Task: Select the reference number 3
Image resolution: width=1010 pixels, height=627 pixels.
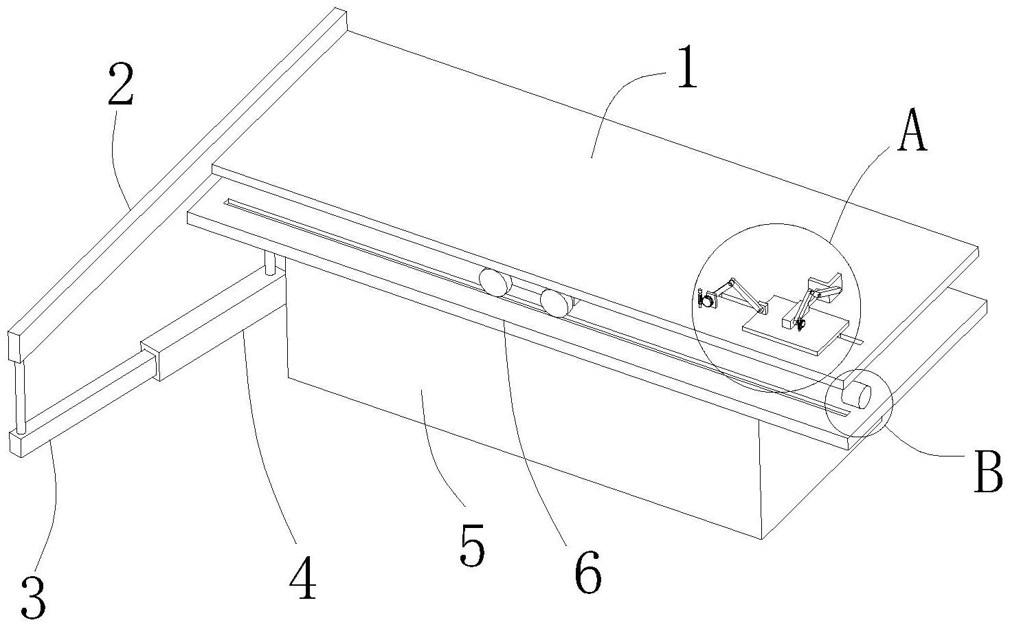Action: (x=33, y=597)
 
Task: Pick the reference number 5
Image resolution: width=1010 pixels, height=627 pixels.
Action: (x=471, y=544)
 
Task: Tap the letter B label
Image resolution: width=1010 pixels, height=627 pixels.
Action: (x=988, y=474)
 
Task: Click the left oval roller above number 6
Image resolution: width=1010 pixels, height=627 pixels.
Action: (x=495, y=283)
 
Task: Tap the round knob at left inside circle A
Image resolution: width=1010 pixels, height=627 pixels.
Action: (x=705, y=300)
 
